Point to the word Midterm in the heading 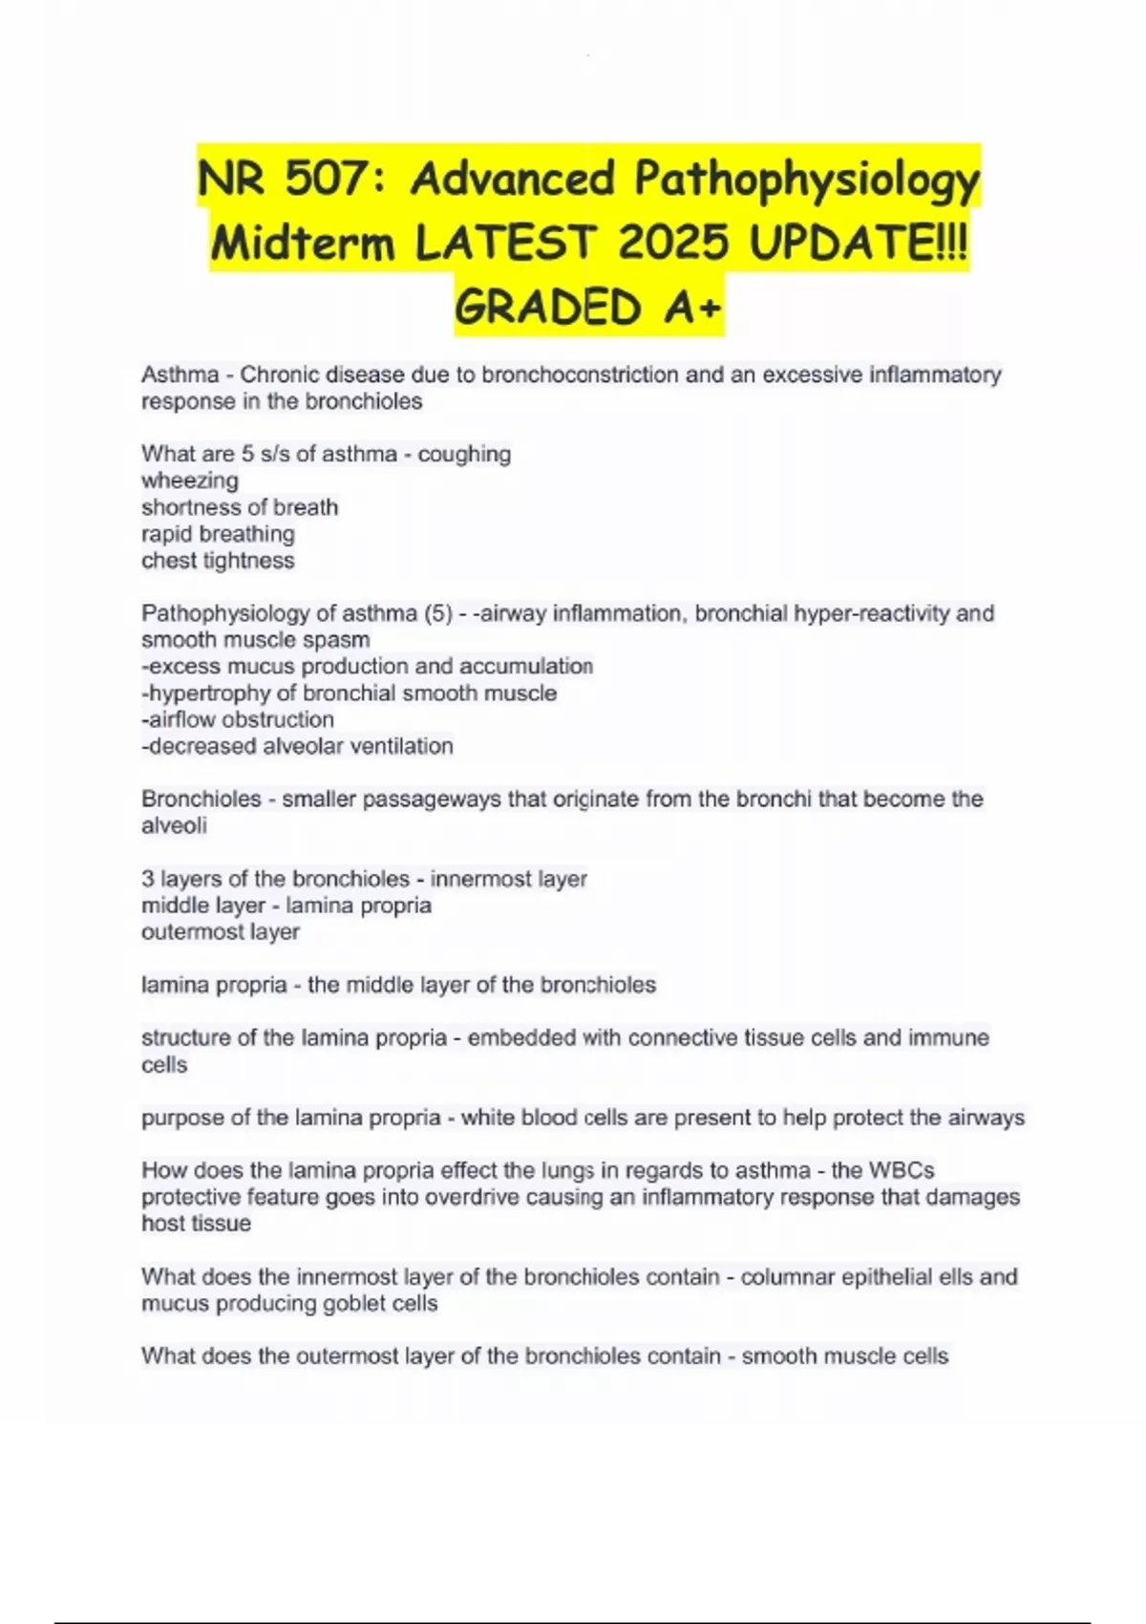click(x=302, y=243)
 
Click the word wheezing click(x=190, y=481)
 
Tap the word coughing click(x=464, y=454)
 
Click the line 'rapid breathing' click(x=218, y=534)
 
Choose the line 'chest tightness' click(x=218, y=561)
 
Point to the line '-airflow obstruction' click(x=238, y=719)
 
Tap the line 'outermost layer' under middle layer click(x=221, y=932)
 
